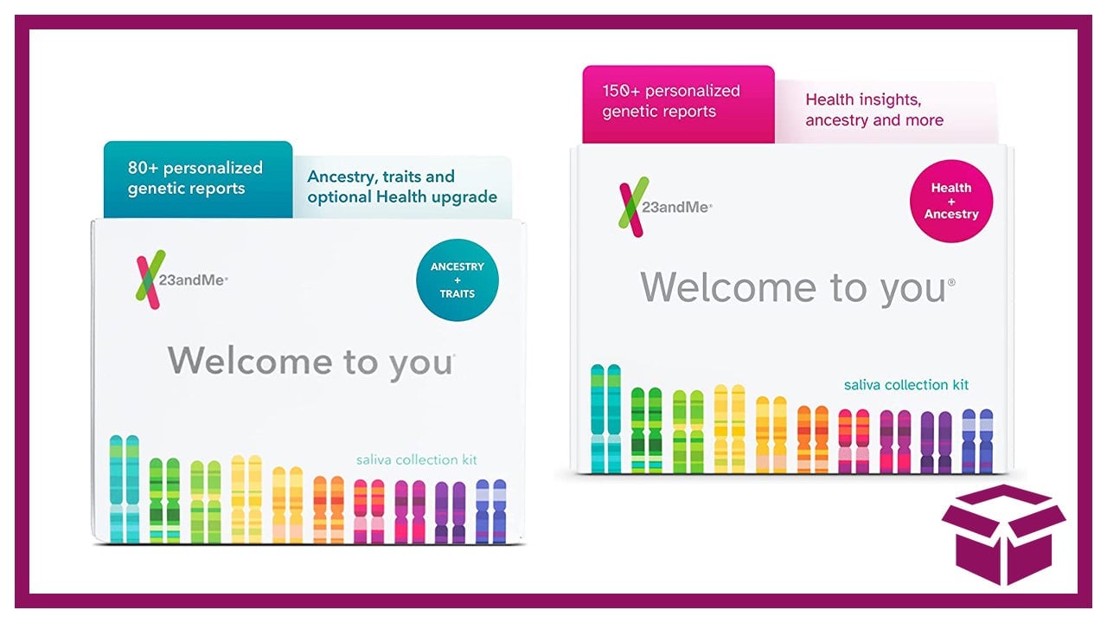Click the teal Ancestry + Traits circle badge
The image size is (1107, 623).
[458, 279]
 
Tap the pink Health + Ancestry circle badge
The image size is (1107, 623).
[951, 201]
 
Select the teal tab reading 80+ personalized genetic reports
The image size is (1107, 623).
[198, 179]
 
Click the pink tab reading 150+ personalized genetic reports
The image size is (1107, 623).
[678, 105]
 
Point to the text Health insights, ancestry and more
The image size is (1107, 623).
[874, 110]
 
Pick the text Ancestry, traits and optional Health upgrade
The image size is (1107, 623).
[402, 186]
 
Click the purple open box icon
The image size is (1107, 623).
[1004, 534]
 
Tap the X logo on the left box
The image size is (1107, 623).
[150, 279]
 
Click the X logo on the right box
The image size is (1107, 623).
[633, 207]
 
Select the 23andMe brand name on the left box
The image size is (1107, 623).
[193, 280]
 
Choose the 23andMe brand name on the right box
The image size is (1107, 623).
[676, 207]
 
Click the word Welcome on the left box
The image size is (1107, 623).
[250, 361]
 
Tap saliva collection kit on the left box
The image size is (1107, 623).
[417, 459]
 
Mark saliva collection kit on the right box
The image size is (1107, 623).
[906, 385]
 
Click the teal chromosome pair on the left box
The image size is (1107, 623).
[124, 490]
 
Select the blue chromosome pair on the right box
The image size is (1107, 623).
[977, 441]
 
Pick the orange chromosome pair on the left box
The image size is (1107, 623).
[328, 510]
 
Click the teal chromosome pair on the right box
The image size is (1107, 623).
[606, 419]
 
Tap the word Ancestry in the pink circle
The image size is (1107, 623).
[951, 214]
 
